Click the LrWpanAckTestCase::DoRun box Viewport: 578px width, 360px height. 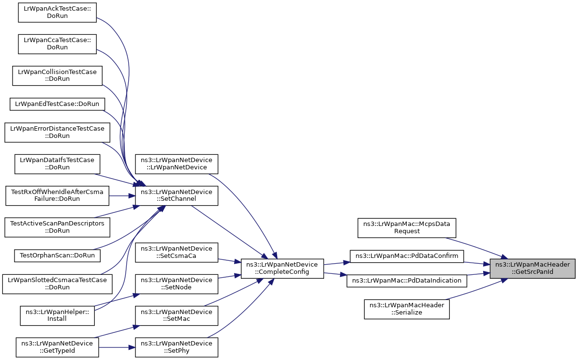pyautogui.click(x=57, y=12)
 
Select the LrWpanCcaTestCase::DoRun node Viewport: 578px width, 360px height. pyautogui.click(x=57, y=44)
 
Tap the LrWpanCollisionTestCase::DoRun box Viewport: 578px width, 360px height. pyautogui.click(x=57, y=75)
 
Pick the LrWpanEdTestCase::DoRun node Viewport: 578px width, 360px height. pyautogui.click(x=57, y=104)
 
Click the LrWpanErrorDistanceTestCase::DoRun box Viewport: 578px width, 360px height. pyautogui.click(x=57, y=132)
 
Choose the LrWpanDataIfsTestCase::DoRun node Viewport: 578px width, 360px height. pyautogui.click(x=57, y=164)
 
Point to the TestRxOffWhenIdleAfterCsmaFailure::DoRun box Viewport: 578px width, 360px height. pyautogui.click(x=57, y=195)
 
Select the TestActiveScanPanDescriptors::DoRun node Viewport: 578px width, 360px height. pyautogui.click(x=57, y=227)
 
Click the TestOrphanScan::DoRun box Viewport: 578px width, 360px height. pyautogui.click(x=57, y=255)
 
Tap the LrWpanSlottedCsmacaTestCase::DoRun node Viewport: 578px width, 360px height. pyautogui.click(x=57, y=284)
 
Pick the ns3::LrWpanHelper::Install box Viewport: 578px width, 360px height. pyautogui.click(x=57, y=315)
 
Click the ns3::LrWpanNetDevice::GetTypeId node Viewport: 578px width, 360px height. pyautogui.click(x=57, y=347)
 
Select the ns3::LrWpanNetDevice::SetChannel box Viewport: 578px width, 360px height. pyautogui.click(x=177, y=195)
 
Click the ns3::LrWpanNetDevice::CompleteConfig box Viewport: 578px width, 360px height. pyautogui.click(x=282, y=268)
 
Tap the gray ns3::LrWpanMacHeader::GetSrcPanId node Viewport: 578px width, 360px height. pyautogui.click(x=532, y=268)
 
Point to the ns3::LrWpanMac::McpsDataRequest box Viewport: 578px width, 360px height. pyautogui.click(x=407, y=227)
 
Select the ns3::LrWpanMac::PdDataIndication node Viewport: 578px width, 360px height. pyautogui.click(x=407, y=280)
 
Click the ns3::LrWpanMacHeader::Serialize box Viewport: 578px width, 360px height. pyautogui.click(x=407, y=309)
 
